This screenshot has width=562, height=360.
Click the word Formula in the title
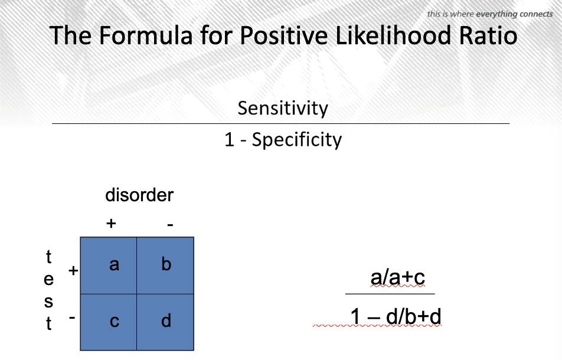[145, 35]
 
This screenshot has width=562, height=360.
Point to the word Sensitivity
[283, 108]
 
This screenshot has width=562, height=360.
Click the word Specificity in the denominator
[297, 140]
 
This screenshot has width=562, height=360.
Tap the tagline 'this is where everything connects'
[489, 14]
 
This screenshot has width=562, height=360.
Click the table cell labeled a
[109, 266]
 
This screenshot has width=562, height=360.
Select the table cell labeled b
[165, 266]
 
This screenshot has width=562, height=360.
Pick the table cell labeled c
[109, 322]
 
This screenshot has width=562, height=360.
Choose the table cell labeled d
[165, 322]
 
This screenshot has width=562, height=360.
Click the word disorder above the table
[139, 195]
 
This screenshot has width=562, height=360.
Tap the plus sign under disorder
[111, 224]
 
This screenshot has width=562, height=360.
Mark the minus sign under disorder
[170, 225]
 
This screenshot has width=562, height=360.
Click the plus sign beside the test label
[73, 270]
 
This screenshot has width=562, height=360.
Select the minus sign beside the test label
[72, 317]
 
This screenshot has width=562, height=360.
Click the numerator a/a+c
[397, 277]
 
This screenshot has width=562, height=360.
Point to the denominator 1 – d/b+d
[396, 317]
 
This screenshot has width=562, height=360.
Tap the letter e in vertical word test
[49, 279]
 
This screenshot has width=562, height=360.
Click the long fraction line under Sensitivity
[280, 123]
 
